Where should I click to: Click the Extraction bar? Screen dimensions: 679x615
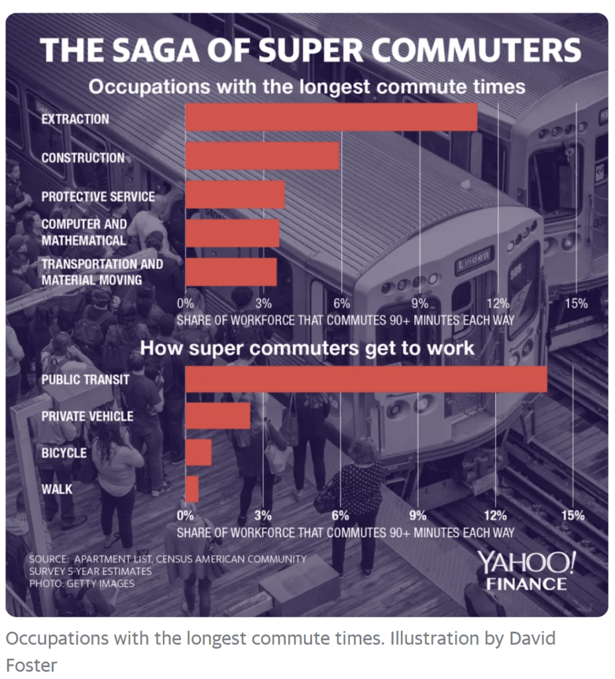pyautogui.click(x=331, y=117)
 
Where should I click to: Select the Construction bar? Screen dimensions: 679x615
pyautogui.click(x=262, y=156)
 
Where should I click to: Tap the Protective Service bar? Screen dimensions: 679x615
pyautogui.click(x=235, y=195)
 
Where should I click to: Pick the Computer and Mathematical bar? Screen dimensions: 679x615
pyautogui.click(x=232, y=233)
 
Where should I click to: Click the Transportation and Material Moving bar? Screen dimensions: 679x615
pyautogui.click(x=231, y=272)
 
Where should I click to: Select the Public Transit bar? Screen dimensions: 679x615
pyautogui.click(x=366, y=379)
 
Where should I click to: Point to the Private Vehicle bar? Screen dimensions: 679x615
pyautogui.click(x=218, y=416)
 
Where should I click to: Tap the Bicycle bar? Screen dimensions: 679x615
pyautogui.click(x=198, y=452)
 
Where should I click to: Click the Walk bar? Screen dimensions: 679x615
pyautogui.click(x=192, y=489)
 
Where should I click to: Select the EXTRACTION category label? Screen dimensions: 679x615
pyautogui.click(x=75, y=119)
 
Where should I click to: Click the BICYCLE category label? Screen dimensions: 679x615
pyautogui.click(x=64, y=453)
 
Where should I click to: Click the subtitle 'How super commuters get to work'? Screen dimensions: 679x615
pyautogui.click(x=307, y=347)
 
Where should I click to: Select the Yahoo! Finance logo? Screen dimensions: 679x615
pyautogui.click(x=526, y=571)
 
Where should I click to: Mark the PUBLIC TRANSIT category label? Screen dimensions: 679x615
pyautogui.click(x=85, y=380)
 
